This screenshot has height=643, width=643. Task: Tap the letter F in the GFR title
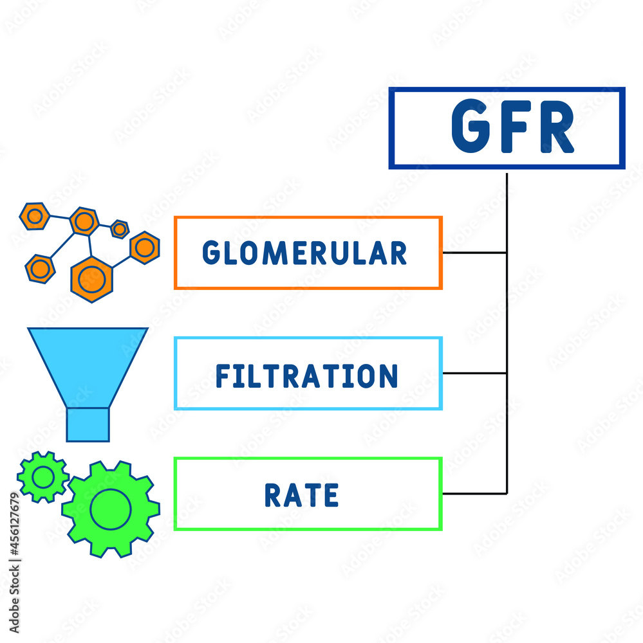(x=517, y=128)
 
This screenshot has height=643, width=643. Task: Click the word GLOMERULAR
(x=304, y=253)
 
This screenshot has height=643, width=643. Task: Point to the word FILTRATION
(x=306, y=376)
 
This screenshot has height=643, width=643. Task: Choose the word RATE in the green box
(x=301, y=496)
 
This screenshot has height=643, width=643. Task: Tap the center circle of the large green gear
(x=111, y=509)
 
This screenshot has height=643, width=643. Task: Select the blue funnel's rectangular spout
(x=88, y=425)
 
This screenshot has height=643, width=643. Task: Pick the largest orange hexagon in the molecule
(x=92, y=278)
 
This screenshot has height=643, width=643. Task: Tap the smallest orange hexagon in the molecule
(x=120, y=229)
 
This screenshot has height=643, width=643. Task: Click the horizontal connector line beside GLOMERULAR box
(x=474, y=253)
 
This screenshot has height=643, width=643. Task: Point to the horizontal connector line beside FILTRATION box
(x=474, y=373)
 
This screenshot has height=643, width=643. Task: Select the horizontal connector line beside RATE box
(x=474, y=494)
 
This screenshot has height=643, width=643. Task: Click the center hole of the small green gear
(x=43, y=477)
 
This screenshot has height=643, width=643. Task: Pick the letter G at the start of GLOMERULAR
(x=210, y=253)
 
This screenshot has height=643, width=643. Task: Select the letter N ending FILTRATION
(x=389, y=376)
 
